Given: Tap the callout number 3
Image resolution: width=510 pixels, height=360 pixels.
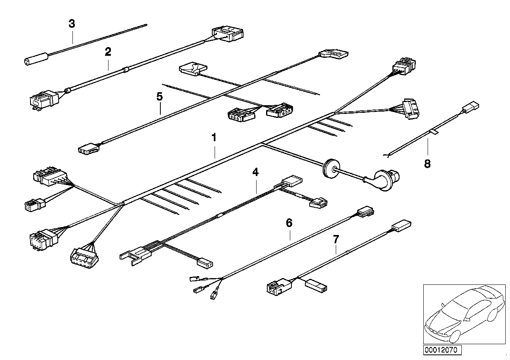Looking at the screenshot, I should pos(72,24).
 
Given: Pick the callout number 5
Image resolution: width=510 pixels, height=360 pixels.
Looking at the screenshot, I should pos(159,97).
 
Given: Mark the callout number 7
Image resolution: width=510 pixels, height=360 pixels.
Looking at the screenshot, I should pos(336,239).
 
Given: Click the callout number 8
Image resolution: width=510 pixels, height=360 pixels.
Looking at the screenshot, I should pos(427,163).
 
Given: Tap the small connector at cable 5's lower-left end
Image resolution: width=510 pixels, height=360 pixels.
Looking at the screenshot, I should pos(88,149).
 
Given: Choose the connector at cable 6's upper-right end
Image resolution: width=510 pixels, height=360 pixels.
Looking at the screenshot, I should pos(365,212).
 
